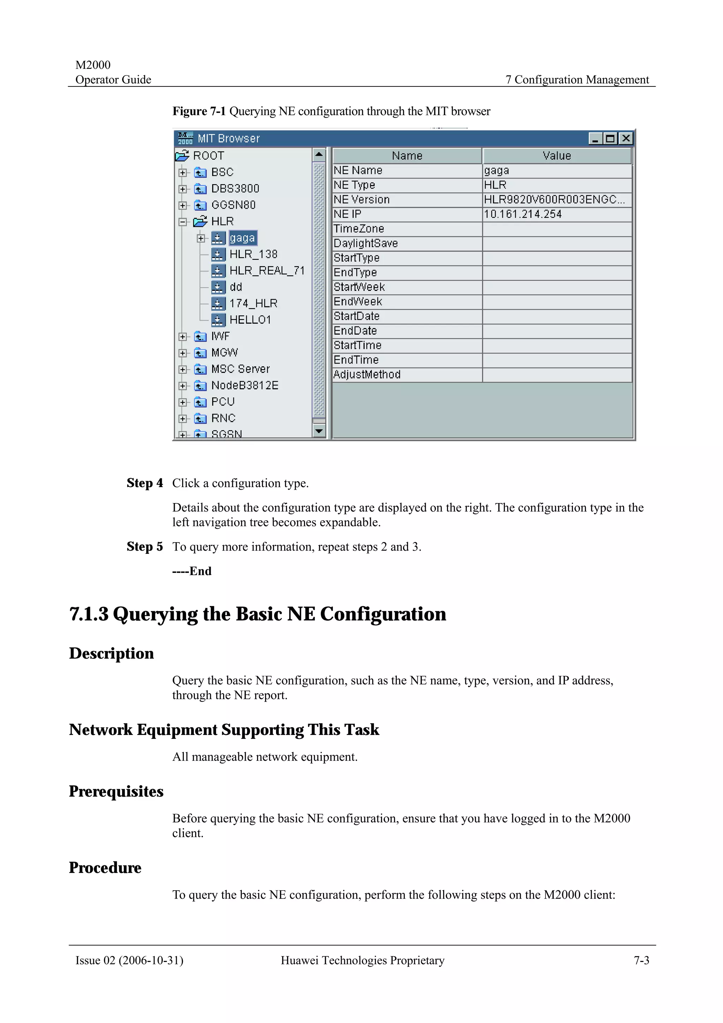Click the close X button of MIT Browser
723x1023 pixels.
click(626, 139)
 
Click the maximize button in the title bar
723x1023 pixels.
click(610, 139)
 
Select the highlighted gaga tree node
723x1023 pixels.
click(242, 238)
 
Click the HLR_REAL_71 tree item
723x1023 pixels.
click(267, 270)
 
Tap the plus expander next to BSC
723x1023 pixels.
click(183, 172)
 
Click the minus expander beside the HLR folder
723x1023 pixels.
click(183, 221)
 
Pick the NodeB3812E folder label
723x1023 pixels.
click(245, 385)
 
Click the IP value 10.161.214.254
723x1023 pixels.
click(522, 214)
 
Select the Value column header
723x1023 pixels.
click(556, 156)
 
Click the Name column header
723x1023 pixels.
click(407, 156)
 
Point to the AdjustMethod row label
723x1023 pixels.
click(367, 374)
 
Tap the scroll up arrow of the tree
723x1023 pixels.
click(319, 155)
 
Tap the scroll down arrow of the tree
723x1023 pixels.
click(319, 431)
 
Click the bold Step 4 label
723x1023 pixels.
click(145, 483)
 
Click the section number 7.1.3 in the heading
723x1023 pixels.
click(89, 614)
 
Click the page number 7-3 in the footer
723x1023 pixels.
click(641, 960)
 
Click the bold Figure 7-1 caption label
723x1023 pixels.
click(199, 111)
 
